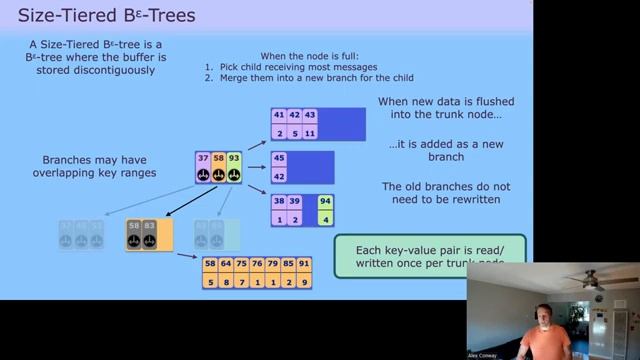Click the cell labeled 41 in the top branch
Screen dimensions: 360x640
278,115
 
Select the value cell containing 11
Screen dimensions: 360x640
310,132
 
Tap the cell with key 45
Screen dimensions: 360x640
278,158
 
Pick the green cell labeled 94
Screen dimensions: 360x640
326,201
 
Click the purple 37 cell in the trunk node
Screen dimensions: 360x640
203,159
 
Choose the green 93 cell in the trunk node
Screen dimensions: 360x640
233,159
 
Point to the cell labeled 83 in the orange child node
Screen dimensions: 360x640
149,227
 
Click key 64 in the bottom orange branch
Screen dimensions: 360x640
226,265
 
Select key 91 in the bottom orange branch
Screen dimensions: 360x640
304,265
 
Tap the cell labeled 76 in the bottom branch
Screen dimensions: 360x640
257,265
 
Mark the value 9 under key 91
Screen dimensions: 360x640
304,282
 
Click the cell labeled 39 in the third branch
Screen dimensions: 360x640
294,201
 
